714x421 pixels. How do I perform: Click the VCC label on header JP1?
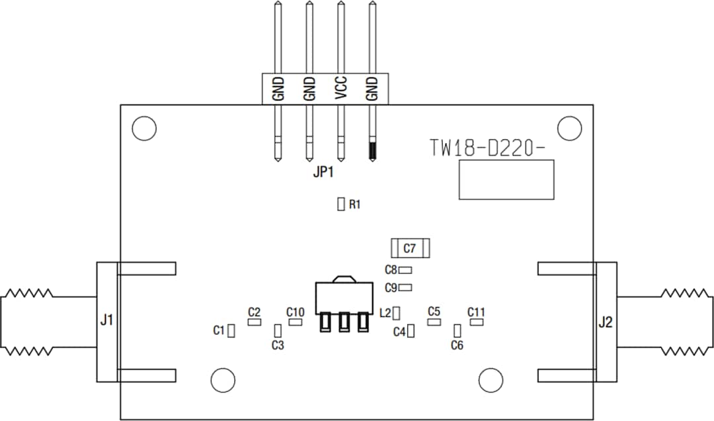(x=340, y=88)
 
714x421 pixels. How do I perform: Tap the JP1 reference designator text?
(x=323, y=174)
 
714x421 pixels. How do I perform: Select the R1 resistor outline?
(x=341, y=204)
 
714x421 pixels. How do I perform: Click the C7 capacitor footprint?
(x=410, y=248)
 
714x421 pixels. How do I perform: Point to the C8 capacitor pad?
(x=406, y=270)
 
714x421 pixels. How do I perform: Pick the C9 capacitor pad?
(x=406, y=287)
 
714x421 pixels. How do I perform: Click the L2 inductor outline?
(x=397, y=312)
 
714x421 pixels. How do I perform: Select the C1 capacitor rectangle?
(x=231, y=331)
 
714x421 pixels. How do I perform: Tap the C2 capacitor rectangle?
(x=254, y=322)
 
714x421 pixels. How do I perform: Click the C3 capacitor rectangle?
(x=278, y=330)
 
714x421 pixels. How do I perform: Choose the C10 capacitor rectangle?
(x=295, y=322)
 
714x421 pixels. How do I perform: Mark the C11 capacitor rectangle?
(x=477, y=322)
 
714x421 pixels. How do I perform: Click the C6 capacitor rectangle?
(x=457, y=330)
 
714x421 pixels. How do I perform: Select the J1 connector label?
(x=106, y=321)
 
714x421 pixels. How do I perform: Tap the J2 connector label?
(x=606, y=323)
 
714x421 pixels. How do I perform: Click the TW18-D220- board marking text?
(x=487, y=148)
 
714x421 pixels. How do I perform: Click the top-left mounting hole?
(x=143, y=128)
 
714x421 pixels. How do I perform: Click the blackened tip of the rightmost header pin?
(x=372, y=150)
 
